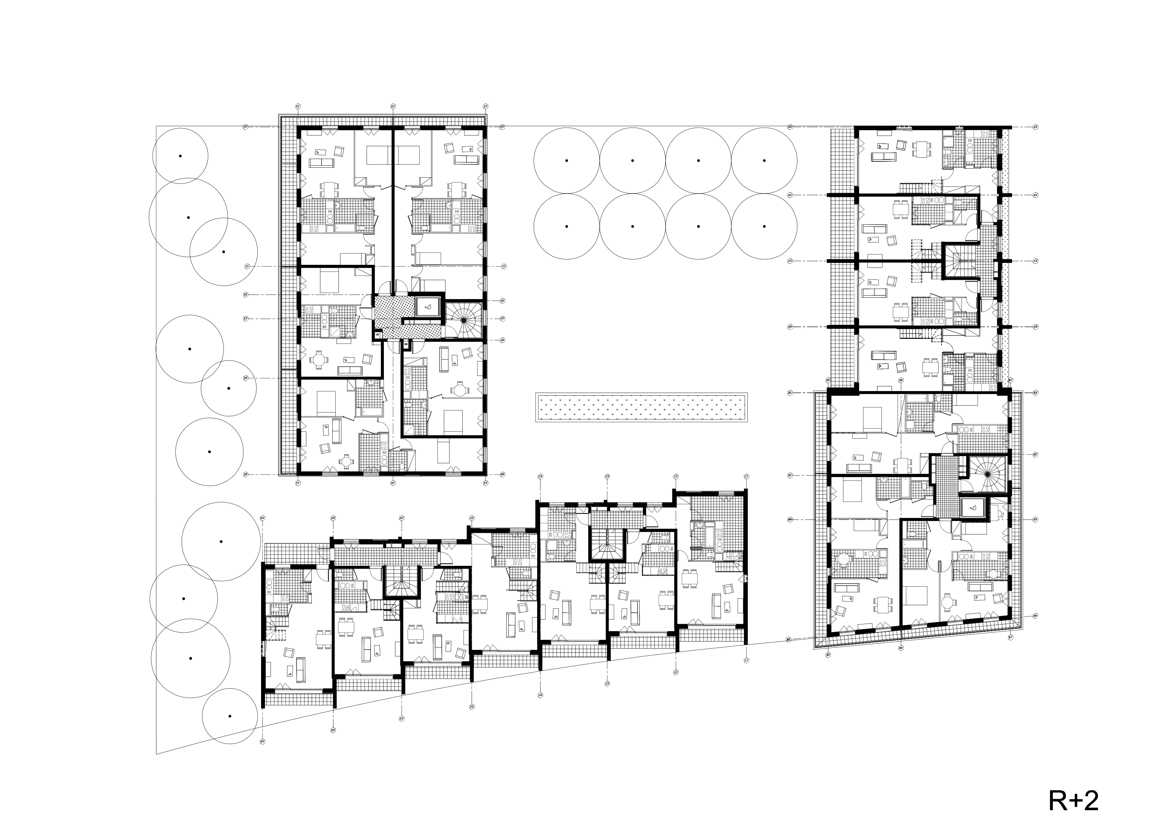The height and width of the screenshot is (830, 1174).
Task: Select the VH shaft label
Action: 406,345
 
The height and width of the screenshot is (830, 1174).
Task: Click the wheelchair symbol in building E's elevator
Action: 428,307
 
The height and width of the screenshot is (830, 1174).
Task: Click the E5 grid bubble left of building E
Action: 246,267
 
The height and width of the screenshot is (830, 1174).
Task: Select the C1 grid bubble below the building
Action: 747,660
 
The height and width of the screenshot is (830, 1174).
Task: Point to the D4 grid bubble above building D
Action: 262,518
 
